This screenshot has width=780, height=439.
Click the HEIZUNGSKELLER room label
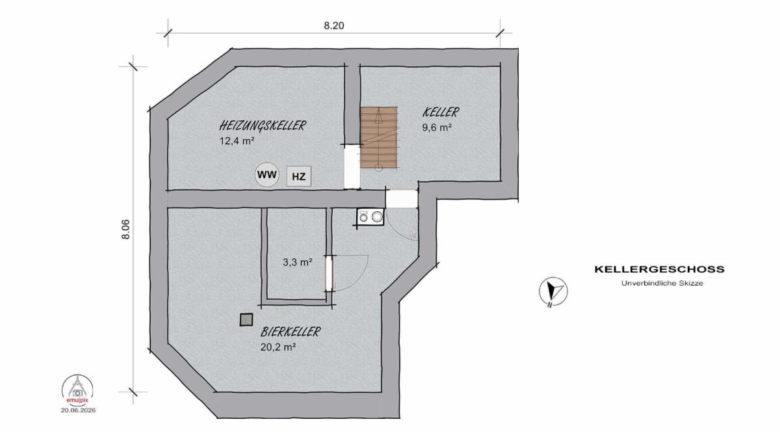point(263,126)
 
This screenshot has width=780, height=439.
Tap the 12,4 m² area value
point(237,141)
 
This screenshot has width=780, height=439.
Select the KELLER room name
point(441,112)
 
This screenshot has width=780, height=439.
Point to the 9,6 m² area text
point(437,127)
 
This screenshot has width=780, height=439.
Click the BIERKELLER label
point(291,332)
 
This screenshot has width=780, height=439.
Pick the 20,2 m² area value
point(278,347)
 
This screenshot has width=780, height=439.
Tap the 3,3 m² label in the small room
point(298,262)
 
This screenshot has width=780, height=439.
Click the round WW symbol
point(267,174)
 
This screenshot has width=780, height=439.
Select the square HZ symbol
point(299,176)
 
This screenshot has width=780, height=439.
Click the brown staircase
point(378,137)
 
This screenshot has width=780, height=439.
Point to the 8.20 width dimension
point(334,26)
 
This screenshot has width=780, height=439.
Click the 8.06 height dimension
point(125,229)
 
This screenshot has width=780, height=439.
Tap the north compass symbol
point(553,291)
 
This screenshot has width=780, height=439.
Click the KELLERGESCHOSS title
point(660,269)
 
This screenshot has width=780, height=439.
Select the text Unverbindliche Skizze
point(662,284)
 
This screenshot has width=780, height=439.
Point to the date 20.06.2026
point(79,410)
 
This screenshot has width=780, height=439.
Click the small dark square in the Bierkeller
point(246,320)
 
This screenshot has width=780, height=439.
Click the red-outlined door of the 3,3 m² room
point(329,274)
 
